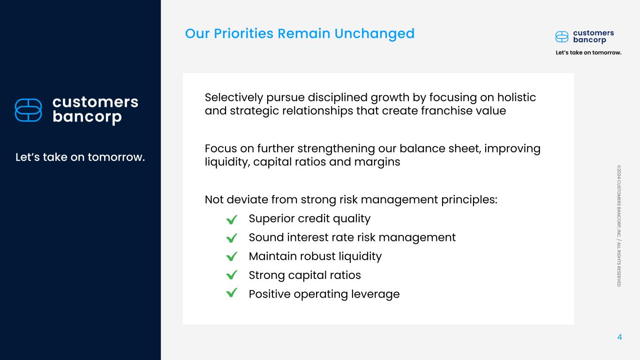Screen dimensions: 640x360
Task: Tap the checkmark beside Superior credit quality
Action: pyautogui.click(x=232, y=219)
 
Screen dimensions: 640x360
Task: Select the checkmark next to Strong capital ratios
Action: pyautogui.click(x=232, y=275)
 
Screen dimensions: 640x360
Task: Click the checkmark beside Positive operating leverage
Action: pyautogui.click(x=232, y=292)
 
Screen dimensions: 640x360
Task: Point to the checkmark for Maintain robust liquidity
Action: pyautogui.click(x=232, y=256)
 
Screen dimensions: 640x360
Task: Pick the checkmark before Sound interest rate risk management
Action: pyautogui.click(x=232, y=238)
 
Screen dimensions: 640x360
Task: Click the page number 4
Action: pyautogui.click(x=619, y=337)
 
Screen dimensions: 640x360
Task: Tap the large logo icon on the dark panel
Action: pyautogui.click(x=28, y=110)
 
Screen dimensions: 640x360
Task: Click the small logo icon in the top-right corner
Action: pyautogui.click(x=562, y=37)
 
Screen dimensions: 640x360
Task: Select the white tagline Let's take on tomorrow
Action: pyautogui.click(x=80, y=157)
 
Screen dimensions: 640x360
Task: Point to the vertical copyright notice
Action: pyautogui.click(x=619, y=226)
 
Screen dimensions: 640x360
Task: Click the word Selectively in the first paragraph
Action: pyautogui.click(x=233, y=97)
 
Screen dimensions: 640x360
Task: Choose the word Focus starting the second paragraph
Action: pyautogui.click(x=220, y=149)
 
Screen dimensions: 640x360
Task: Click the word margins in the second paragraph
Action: pyautogui.click(x=377, y=163)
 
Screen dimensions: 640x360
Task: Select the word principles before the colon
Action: pyautogui.click(x=467, y=200)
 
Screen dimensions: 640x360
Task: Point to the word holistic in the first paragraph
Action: pyautogui.click(x=516, y=97)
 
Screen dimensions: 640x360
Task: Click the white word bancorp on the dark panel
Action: pyautogui.click(x=87, y=117)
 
